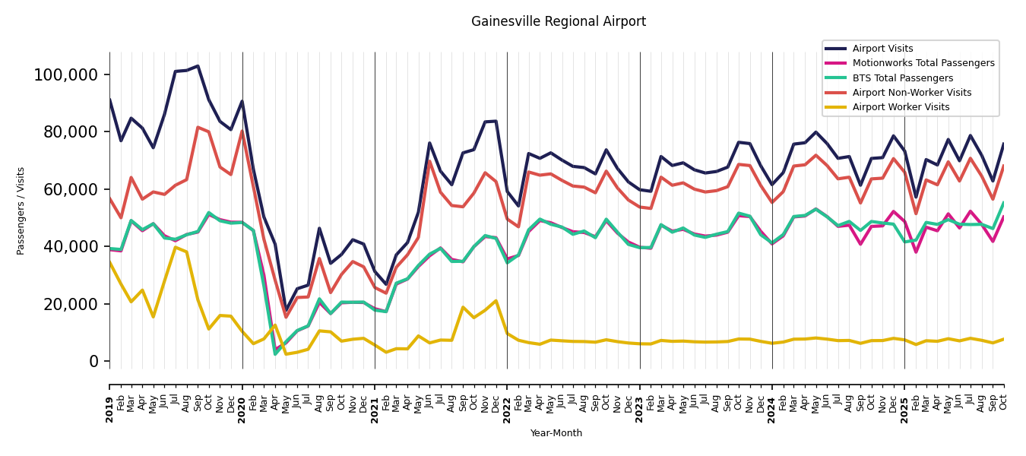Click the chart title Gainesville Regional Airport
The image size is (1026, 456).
558,22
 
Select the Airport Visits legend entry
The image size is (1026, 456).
882,49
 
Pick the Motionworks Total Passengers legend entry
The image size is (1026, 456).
923,63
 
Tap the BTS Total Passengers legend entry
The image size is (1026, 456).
902,78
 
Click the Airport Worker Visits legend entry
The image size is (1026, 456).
901,107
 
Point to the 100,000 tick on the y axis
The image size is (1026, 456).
66,74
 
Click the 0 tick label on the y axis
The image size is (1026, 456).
94,362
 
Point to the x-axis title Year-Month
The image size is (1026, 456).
556,433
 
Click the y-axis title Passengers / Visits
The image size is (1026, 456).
21,211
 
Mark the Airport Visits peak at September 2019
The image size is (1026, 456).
198,66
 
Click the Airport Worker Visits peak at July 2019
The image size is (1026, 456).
176,247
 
